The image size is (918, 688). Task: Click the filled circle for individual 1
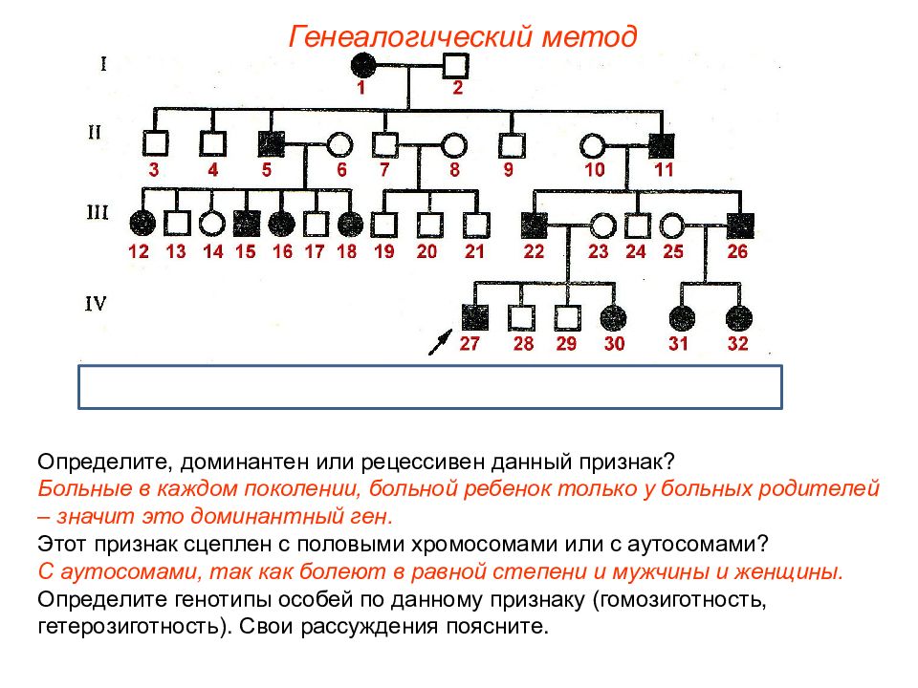point(363,64)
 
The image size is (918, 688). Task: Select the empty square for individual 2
point(456,65)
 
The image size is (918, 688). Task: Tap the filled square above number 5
point(272,144)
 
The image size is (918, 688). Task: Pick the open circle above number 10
point(593,145)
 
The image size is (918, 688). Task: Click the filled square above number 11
point(662,145)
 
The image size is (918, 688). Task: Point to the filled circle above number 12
point(142,223)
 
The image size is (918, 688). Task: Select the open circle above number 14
point(212,223)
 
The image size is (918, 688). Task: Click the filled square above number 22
point(535,226)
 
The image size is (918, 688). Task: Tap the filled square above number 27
point(475,317)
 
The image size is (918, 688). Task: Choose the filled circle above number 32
point(739,319)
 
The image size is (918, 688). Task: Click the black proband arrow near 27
point(440,342)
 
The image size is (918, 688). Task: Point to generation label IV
point(96,304)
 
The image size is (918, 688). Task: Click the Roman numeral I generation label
point(103,63)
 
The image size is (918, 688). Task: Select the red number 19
point(384,251)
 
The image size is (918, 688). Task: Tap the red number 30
point(614,343)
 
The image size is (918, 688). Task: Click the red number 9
point(508,170)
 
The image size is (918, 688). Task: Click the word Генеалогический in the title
point(409,37)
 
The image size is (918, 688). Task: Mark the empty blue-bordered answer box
point(430,387)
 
